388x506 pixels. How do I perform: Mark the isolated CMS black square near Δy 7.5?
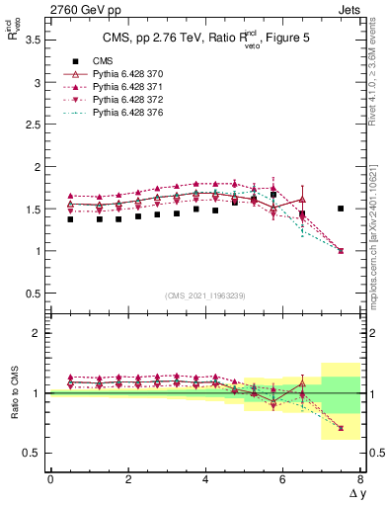[x=341, y=209]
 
